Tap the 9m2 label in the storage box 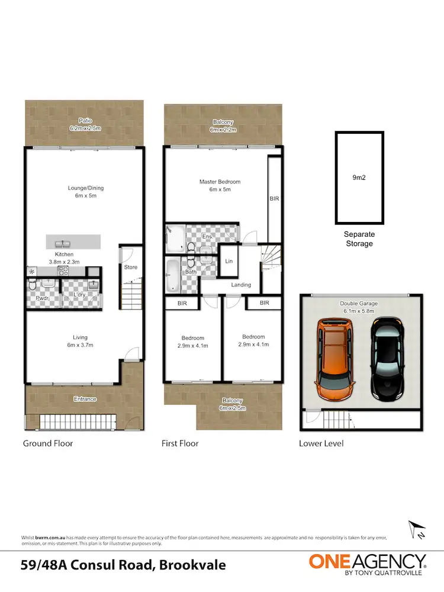[359, 176]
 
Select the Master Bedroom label [220, 182]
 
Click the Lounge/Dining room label [86, 188]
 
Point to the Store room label [131, 267]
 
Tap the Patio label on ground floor [85, 121]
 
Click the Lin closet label [229, 261]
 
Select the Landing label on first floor [241, 285]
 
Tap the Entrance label [85, 399]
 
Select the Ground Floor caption [47, 443]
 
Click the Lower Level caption [321, 443]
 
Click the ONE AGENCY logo [367, 562]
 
